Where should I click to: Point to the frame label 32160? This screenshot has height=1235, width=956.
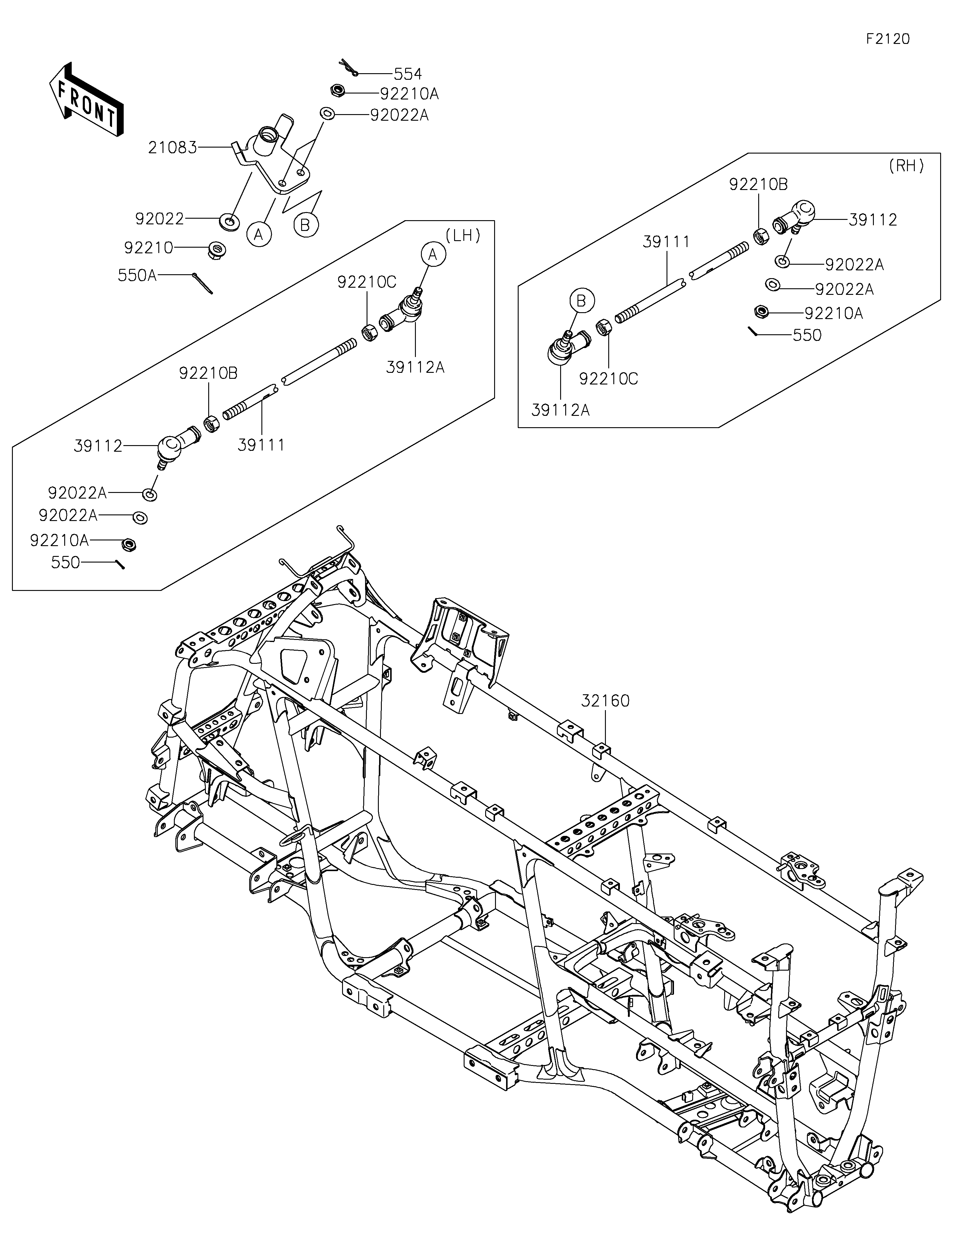[x=606, y=701]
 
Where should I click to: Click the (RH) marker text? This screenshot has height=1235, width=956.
[x=906, y=166]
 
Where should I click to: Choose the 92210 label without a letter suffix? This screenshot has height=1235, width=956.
[x=148, y=248]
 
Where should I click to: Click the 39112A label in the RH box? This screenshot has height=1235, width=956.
[x=560, y=410]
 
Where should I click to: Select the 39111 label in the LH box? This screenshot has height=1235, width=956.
[x=261, y=445]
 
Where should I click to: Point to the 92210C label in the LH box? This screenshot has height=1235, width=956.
[x=367, y=282]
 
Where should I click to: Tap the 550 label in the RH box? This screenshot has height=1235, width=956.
[x=807, y=335]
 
